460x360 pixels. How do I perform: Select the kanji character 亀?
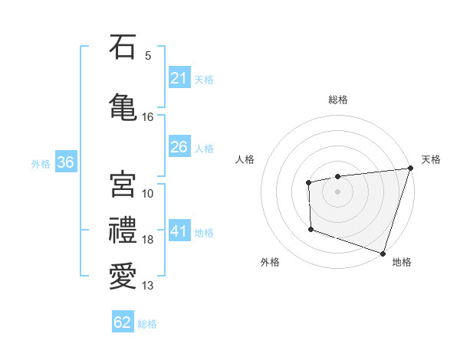(x=122, y=108)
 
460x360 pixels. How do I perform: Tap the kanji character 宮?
(x=122, y=185)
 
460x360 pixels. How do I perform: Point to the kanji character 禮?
(x=122, y=231)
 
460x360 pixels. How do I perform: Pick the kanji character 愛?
(x=122, y=277)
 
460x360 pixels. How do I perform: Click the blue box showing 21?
(x=179, y=78)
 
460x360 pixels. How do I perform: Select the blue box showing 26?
(x=179, y=147)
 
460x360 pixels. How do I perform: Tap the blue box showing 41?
(x=179, y=231)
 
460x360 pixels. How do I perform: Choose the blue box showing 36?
(x=65, y=162)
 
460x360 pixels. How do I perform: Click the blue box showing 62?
(x=123, y=322)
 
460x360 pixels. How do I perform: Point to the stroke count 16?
(x=148, y=117)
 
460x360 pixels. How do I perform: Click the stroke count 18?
(x=148, y=240)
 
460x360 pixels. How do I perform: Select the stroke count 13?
(x=148, y=286)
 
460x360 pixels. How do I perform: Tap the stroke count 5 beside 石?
(x=148, y=55)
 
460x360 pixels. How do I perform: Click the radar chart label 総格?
(x=338, y=100)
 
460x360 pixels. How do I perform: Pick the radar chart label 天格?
(x=431, y=159)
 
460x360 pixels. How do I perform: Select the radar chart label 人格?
(x=245, y=159)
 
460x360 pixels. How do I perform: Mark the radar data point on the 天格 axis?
(x=410, y=168)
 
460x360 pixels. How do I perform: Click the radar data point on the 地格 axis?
(x=383, y=253)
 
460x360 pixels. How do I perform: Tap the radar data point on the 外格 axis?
(x=310, y=229)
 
